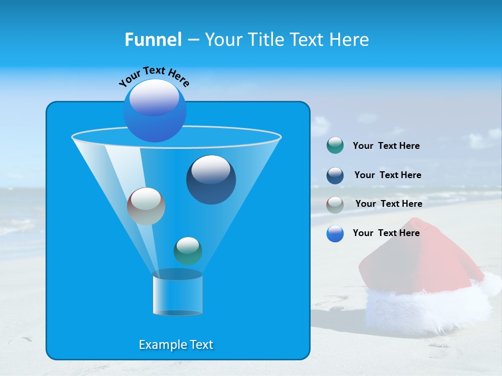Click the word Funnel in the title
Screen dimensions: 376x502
point(153,40)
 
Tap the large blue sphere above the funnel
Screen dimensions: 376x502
point(155,110)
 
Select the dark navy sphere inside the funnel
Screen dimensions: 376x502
point(211,179)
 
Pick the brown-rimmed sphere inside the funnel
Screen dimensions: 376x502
point(146,206)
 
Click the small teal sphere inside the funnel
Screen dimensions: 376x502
point(188,251)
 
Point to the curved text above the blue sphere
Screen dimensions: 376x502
point(154,76)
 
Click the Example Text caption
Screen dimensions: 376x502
point(176,345)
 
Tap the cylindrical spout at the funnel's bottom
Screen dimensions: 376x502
point(177,295)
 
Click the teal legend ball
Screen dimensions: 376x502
point(335,146)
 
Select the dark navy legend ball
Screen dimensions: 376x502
point(335,175)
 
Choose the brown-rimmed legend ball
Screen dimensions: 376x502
point(335,204)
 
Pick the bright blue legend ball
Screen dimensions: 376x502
point(335,233)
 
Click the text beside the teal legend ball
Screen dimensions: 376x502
point(386,146)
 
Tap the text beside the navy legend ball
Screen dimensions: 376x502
point(387,175)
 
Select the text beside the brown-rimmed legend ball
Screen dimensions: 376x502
point(389,204)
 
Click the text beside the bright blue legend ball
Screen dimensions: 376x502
point(386,233)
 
